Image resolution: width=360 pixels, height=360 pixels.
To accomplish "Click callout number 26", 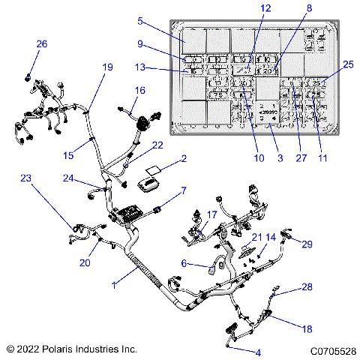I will click(41, 44).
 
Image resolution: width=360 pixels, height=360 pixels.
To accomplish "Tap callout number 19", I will click(107, 67).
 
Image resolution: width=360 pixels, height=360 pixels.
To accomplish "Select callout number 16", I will click(139, 91).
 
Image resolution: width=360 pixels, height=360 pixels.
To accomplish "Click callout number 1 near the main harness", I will click(115, 285).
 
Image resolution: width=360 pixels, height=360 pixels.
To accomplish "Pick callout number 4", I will click(258, 352).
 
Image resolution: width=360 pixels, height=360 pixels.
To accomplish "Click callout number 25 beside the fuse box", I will click(347, 65).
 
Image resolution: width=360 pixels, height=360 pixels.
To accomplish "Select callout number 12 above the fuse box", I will click(265, 7).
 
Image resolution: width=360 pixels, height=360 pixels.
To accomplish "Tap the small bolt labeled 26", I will click(28, 76).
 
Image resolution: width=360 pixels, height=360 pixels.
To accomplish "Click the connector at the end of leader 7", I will click(157, 210).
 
